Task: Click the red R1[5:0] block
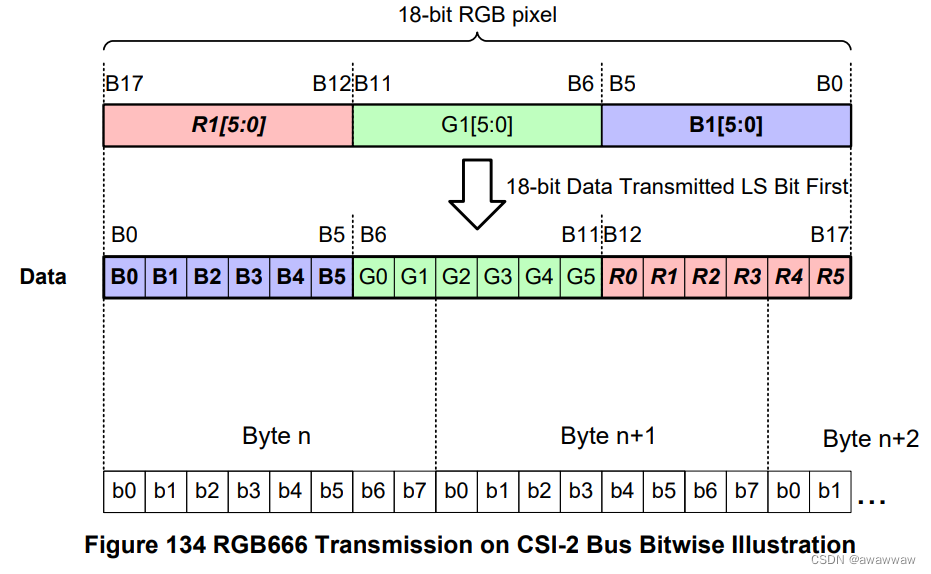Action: [x=228, y=126]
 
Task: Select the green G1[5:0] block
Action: [x=477, y=126]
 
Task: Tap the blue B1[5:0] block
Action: [x=726, y=126]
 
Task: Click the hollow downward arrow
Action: [x=477, y=196]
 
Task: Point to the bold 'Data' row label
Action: [x=43, y=277]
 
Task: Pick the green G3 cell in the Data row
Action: [x=497, y=277]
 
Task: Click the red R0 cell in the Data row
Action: [x=622, y=277]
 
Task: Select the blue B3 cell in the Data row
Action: [x=249, y=277]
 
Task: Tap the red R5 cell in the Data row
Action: [x=830, y=277]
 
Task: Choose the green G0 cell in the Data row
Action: [x=373, y=277]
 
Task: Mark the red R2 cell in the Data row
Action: [x=705, y=277]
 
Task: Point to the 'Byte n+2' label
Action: [x=870, y=439]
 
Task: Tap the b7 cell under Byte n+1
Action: [x=746, y=491]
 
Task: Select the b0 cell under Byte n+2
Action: [x=788, y=491]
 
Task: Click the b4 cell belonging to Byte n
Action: [x=290, y=491]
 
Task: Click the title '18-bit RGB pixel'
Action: [x=477, y=15]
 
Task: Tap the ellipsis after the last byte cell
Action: [x=872, y=497]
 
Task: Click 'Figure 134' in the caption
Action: [x=143, y=545]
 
